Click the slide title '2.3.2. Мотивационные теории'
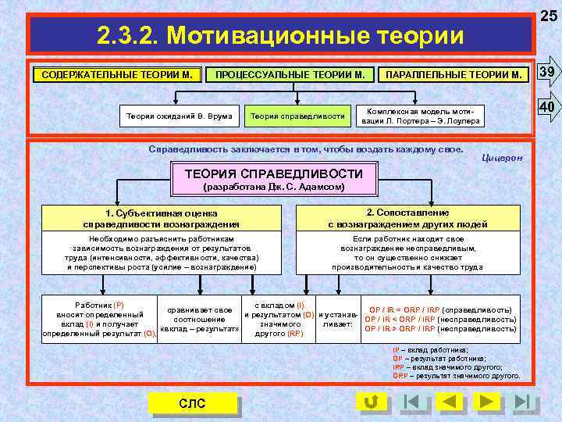click(279, 35)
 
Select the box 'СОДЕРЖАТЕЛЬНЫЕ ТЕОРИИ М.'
click(117, 75)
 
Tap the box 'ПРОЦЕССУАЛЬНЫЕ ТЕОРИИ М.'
click(290, 75)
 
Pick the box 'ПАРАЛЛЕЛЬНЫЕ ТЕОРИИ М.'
click(453, 75)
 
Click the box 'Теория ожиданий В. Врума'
click(180, 116)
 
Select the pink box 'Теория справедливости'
click(297, 116)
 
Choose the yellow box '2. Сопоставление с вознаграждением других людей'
click(407, 218)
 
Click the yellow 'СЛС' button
click(192, 403)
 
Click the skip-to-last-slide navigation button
click(526, 402)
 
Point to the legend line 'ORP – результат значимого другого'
click(456, 375)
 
